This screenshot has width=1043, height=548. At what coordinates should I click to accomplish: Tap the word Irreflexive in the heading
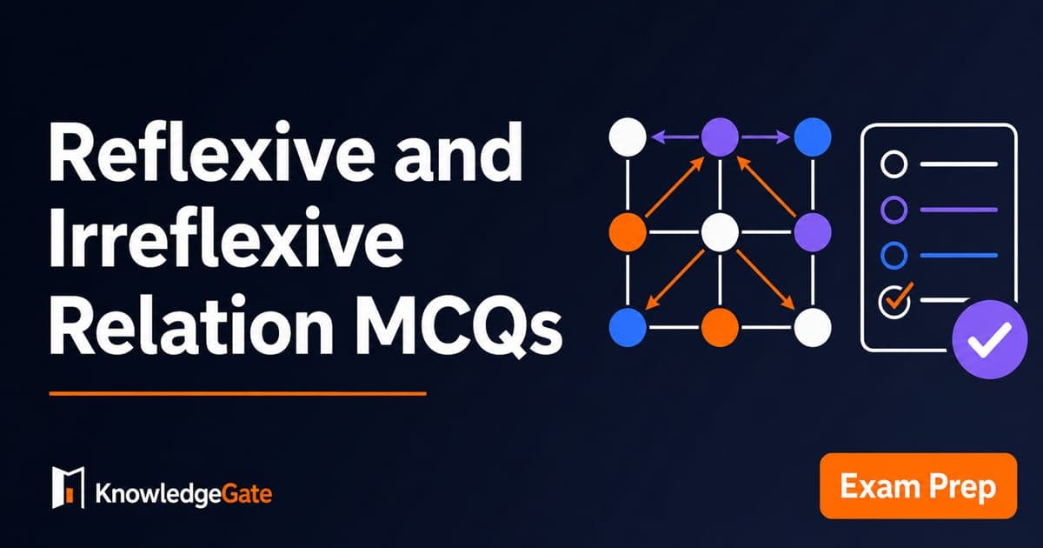coord(226,237)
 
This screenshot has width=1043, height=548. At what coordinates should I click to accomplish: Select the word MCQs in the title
coord(459,327)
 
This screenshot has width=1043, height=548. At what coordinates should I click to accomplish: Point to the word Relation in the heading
coord(191,324)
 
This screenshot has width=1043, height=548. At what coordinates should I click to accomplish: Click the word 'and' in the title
coord(459,151)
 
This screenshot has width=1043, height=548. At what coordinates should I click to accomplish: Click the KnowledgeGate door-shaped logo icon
coord(68,487)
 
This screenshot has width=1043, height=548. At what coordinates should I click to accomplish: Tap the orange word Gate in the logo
coord(246,494)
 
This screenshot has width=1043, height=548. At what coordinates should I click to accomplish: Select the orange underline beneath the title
coord(237,394)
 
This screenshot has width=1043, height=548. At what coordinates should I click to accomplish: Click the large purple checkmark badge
coord(990,339)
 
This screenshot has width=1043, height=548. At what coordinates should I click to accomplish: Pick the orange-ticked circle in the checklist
coord(894,301)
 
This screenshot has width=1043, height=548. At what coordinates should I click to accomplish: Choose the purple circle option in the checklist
coord(894,210)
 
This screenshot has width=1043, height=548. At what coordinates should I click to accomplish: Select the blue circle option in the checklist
coord(894,255)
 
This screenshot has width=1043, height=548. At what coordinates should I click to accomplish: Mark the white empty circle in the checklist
coord(894,164)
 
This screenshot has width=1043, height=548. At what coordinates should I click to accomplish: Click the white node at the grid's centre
coord(720,232)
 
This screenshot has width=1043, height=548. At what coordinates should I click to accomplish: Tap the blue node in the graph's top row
coord(813,137)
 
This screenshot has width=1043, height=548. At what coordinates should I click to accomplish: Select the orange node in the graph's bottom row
coord(720,327)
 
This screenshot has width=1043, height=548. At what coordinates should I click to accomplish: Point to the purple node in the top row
coord(720,137)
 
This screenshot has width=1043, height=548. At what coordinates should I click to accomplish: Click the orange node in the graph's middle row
coord(628,232)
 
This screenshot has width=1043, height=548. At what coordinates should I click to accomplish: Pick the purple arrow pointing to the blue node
coord(766,137)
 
